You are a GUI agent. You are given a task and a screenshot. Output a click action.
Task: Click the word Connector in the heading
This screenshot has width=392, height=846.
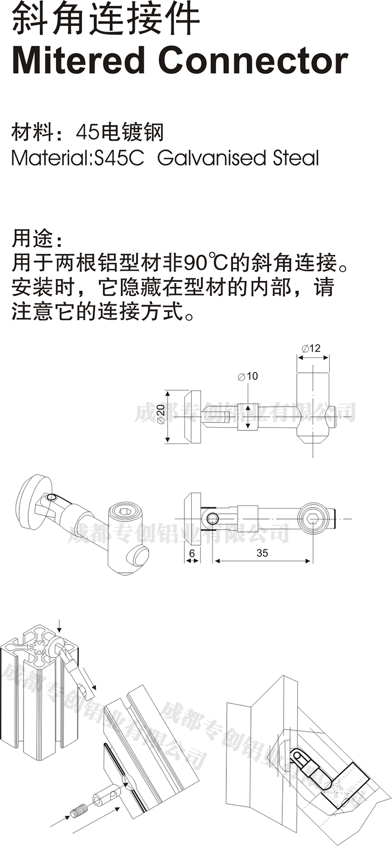[253, 61]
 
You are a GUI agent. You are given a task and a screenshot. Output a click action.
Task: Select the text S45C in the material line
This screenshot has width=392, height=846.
[118, 158]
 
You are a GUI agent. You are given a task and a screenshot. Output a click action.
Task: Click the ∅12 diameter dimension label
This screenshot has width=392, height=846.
[312, 348]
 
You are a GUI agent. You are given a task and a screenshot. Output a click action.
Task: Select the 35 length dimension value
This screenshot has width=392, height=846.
[262, 553]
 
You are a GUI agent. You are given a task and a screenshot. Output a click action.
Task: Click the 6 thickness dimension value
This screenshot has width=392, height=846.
[192, 553]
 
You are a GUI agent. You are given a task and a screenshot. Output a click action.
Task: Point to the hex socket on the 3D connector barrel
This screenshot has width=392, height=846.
[125, 512]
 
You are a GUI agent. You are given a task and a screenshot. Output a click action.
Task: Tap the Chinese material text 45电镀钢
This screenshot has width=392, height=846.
[120, 132]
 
